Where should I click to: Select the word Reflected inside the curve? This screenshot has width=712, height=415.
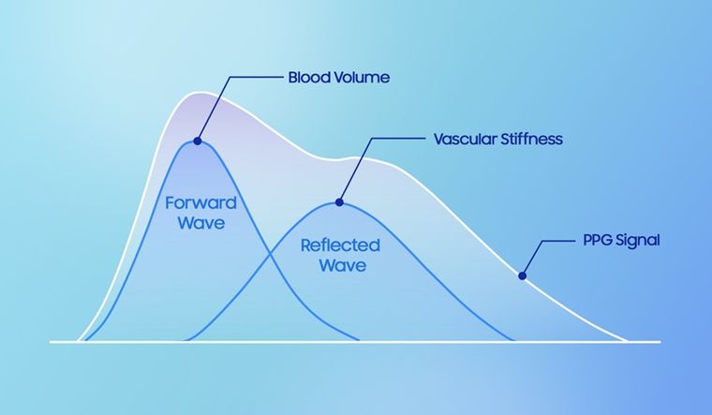pyautogui.click(x=339, y=245)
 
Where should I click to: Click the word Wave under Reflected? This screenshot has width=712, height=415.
pyautogui.click(x=339, y=266)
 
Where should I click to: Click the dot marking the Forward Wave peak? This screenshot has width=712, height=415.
pyautogui.click(x=197, y=141)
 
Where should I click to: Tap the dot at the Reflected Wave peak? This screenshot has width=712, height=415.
pyautogui.click(x=339, y=201)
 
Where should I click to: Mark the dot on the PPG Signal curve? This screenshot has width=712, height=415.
pyautogui.click(x=522, y=275)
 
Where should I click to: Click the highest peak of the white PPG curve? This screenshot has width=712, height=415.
pyautogui.click(x=196, y=93)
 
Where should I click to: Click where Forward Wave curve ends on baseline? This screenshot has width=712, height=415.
pyautogui.click(x=359, y=340)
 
